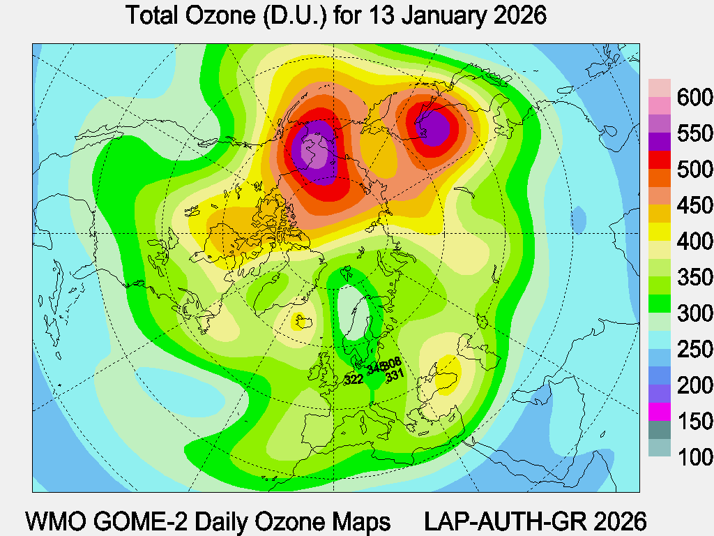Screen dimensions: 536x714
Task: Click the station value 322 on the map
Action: [x=354, y=380]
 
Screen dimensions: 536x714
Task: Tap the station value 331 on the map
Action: [x=395, y=375]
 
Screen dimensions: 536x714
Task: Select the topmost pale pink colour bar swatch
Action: [x=660, y=87]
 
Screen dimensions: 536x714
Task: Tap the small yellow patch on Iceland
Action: [x=305, y=322]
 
